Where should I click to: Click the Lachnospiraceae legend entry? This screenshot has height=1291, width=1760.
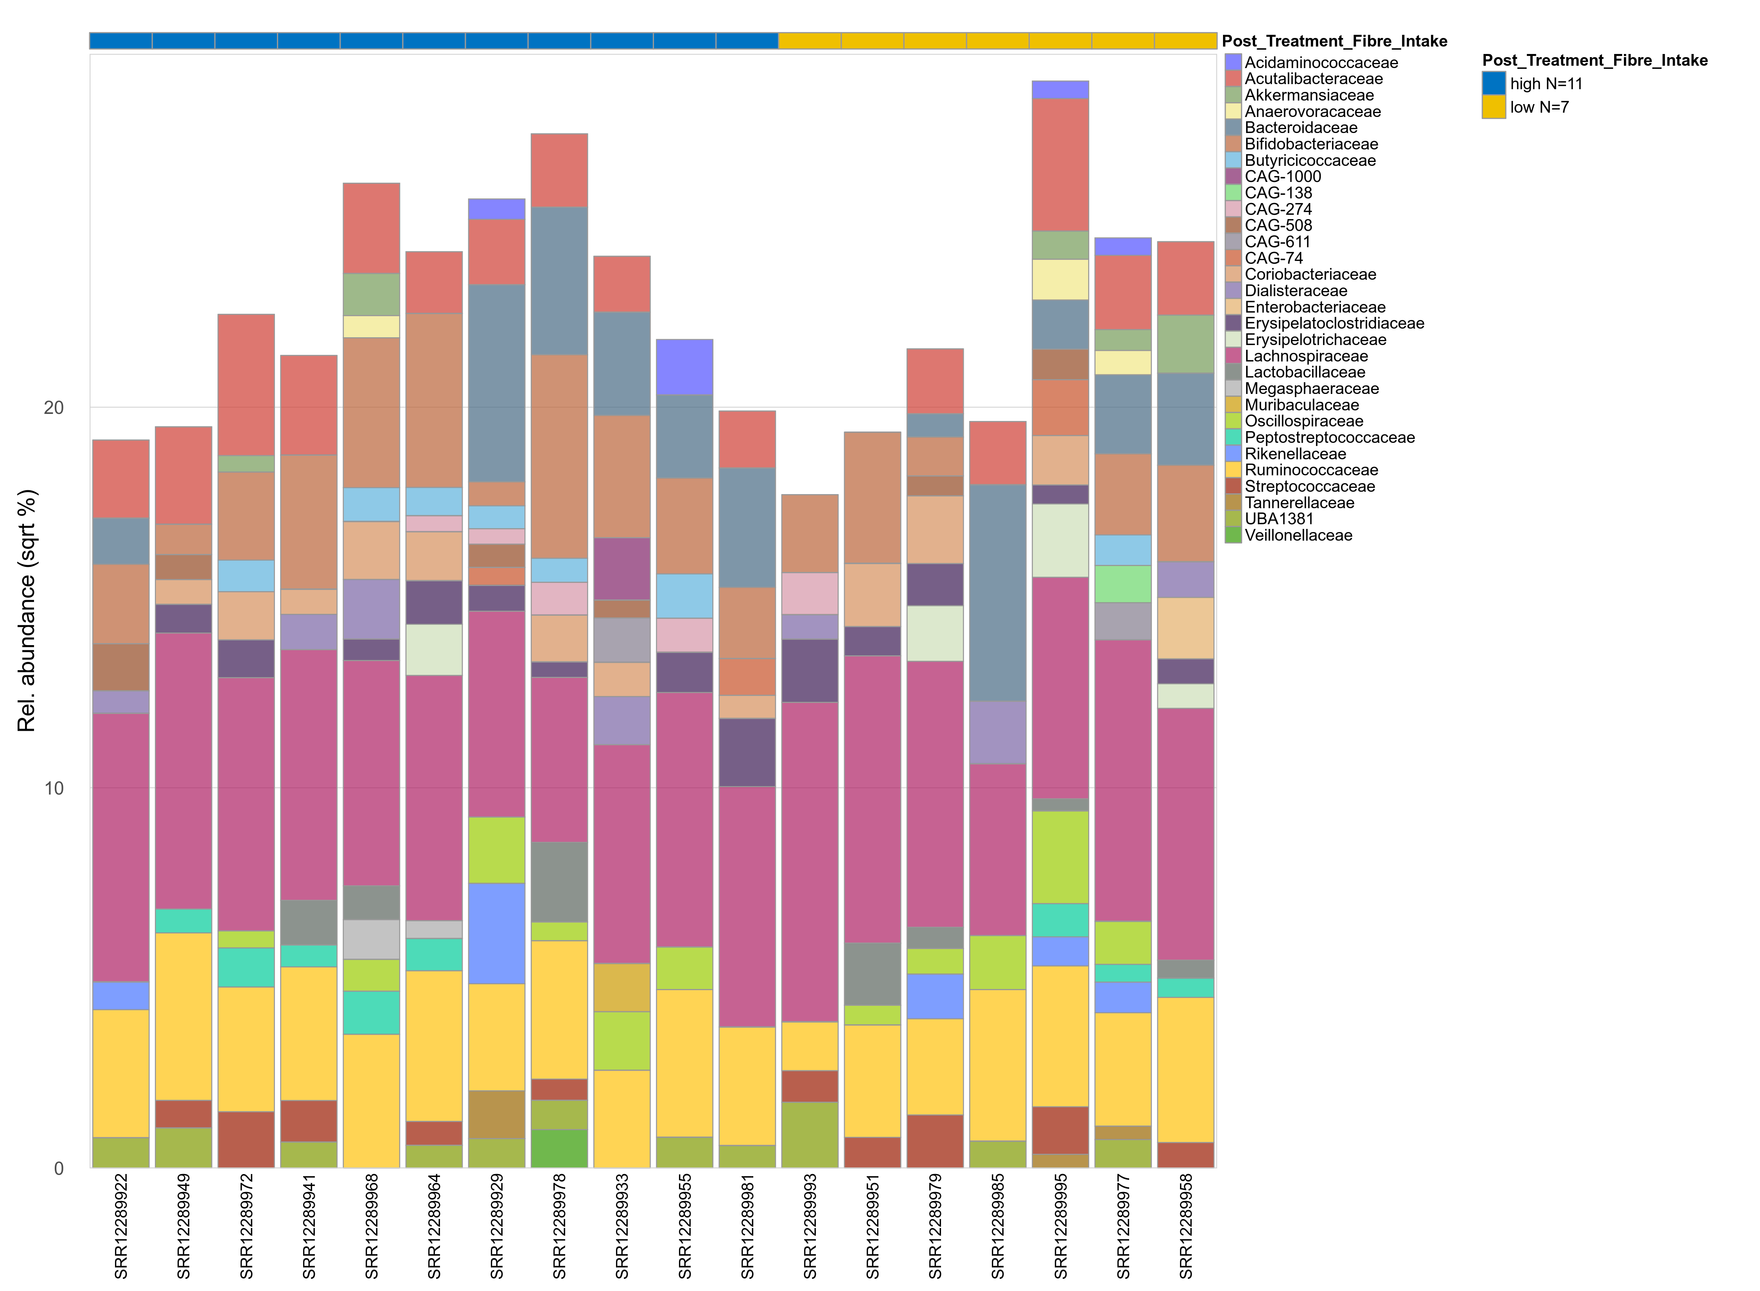pyautogui.click(x=1306, y=356)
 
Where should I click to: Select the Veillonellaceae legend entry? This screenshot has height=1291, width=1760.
pyautogui.click(x=1298, y=535)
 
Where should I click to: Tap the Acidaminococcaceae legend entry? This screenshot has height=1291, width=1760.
pyautogui.click(x=1320, y=63)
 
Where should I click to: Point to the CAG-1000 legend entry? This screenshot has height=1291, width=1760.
pyautogui.click(x=1282, y=176)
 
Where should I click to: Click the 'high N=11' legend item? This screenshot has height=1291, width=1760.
pyautogui.click(x=1545, y=84)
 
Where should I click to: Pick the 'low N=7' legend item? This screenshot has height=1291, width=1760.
pyautogui.click(x=1538, y=107)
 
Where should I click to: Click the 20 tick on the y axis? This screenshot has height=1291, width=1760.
pyautogui.click(x=53, y=407)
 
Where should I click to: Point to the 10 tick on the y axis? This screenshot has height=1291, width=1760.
pyautogui.click(x=53, y=788)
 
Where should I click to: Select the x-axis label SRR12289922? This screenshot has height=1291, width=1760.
pyautogui.click(x=121, y=1225)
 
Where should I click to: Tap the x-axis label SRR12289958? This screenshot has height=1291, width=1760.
pyautogui.click(x=1186, y=1225)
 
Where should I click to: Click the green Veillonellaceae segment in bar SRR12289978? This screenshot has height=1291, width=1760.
pyautogui.click(x=559, y=1148)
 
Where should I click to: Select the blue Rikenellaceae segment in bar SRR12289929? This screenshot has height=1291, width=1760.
pyautogui.click(x=497, y=933)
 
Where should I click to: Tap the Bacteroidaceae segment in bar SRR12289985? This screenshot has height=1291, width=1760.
pyautogui.click(x=998, y=592)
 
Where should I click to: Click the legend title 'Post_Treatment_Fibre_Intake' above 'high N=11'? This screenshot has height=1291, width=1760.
pyautogui.click(x=1595, y=60)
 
